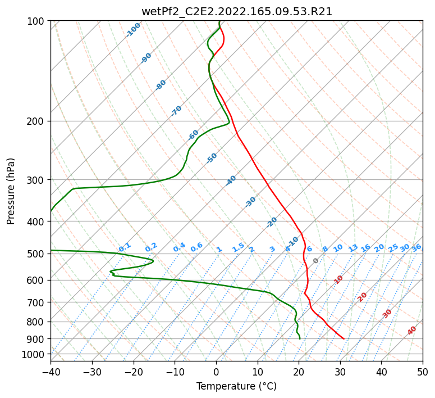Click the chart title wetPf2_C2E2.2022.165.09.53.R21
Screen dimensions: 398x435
pyautogui.click(x=236, y=11)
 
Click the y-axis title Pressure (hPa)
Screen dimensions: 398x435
pyautogui.click(x=11, y=191)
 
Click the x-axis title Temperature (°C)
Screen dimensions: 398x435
pyautogui.click(x=236, y=386)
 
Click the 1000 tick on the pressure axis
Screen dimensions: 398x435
pyautogui.click(x=36, y=354)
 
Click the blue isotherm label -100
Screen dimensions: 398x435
pyautogui.click(x=134, y=30)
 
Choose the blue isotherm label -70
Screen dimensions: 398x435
pyautogui.click(x=176, y=111)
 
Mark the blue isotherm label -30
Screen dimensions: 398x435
pyautogui.click(x=250, y=202)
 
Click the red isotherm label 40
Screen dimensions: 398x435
pyautogui.click(x=412, y=331)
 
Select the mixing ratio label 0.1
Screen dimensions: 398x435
pyautogui.click(x=125, y=247)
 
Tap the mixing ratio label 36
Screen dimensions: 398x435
pyautogui.click(x=416, y=247)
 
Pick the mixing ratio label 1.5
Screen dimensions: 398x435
pyautogui.click(x=238, y=247)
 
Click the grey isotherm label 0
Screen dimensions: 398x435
pyautogui.click(x=316, y=261)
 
